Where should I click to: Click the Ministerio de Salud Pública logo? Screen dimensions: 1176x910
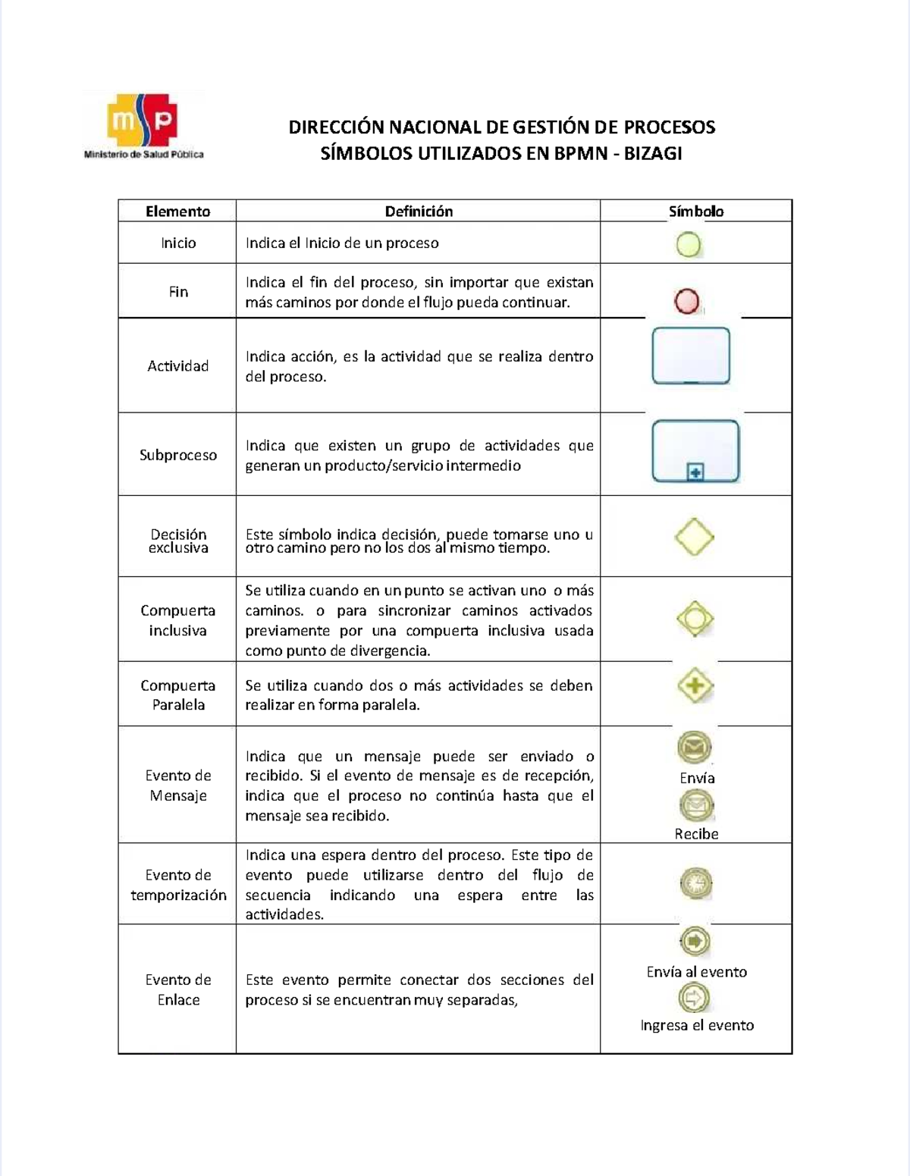(143, 126)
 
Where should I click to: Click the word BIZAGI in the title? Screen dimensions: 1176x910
(652, 154)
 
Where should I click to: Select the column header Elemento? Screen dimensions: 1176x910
(177, 212)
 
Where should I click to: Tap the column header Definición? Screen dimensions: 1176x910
(419, 212)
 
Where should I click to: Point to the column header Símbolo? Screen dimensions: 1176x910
(695, 212)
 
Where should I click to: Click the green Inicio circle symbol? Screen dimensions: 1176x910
(689, 245)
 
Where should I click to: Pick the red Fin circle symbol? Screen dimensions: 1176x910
(687, 302)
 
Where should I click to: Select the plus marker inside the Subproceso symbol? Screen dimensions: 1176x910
(695, 472)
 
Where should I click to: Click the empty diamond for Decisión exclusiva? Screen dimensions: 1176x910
(695, 537)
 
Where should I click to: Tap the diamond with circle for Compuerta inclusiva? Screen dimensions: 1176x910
(695, 619)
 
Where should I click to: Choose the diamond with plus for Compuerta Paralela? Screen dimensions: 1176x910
(695, 686)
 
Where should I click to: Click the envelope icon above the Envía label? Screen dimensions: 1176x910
(694, 748)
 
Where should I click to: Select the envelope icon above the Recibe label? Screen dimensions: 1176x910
(695, 805)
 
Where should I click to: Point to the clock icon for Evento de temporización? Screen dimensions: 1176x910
(695, 883)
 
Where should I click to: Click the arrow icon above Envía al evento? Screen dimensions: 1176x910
(695, 942)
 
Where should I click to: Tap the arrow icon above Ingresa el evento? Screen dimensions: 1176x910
(694, 997)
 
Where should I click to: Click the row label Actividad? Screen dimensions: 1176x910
(177, 366)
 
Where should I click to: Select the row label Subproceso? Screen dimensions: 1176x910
(177, 455)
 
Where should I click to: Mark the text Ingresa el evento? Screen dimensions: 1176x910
(696, 1025)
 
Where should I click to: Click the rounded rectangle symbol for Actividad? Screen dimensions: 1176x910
(691, 356)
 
